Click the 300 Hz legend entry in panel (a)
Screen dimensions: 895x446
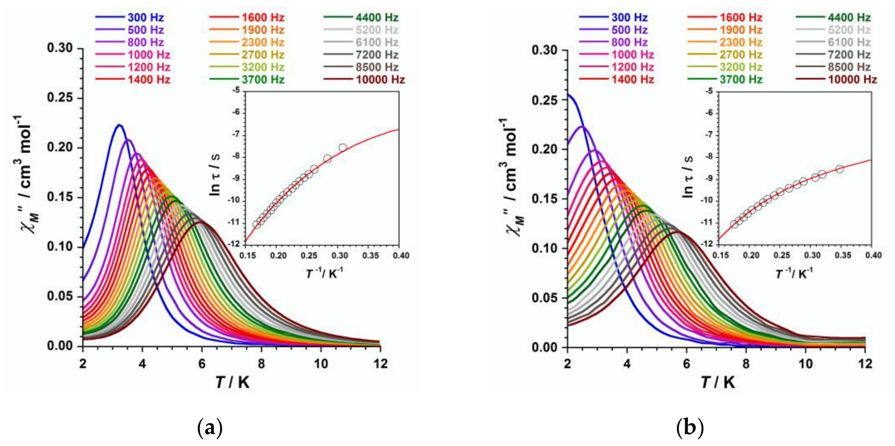[130, 18]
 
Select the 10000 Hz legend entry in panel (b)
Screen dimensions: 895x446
[836, 79]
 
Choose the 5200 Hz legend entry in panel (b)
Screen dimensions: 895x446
[833, 30]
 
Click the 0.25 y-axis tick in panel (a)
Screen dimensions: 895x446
[60, 98]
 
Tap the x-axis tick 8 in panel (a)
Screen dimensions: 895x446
[261, 364]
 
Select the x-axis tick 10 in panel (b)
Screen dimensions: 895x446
[806, 364]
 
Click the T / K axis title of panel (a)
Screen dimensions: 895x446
[232, 382]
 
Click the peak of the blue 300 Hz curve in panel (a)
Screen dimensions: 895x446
[119, 125]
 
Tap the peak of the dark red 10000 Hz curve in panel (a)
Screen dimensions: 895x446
[202, 222]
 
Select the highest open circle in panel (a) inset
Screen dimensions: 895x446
[343, 148]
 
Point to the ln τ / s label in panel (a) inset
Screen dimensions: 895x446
[215, 175]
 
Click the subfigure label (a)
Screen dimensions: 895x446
[210, 428]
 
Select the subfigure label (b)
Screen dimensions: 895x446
[690, 428]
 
